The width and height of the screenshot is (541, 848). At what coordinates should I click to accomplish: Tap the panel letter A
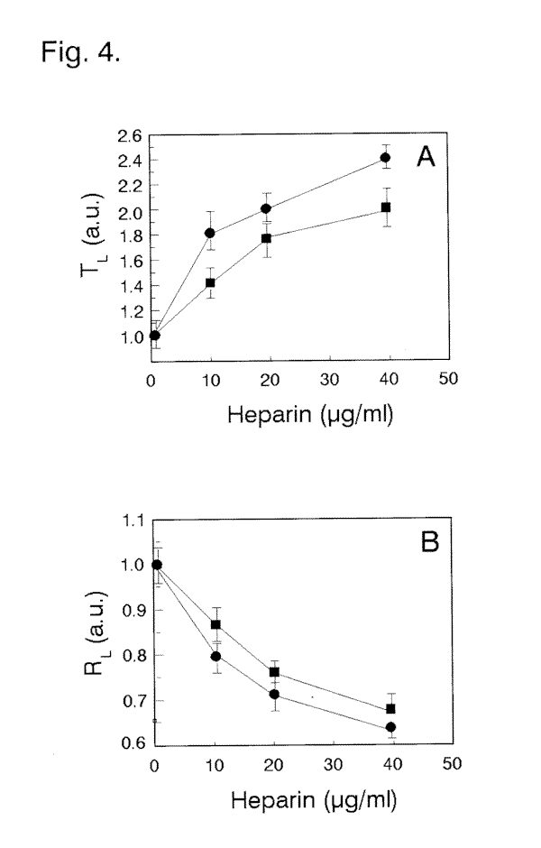click(426, 159)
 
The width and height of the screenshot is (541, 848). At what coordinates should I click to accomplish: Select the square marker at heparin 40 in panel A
click(386, 207)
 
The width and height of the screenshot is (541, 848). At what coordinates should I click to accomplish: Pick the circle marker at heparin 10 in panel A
click(210, 233)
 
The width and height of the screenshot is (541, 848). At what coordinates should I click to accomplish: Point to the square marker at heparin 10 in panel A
click(210, 282)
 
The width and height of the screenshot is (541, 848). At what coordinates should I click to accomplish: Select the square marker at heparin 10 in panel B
click(215, 624)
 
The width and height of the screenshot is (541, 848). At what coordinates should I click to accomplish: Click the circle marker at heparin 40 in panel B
click(391, 727)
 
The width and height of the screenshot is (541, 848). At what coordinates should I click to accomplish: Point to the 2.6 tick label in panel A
click(130, 135)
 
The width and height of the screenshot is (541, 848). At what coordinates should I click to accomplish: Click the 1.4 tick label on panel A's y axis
click(130, 286)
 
